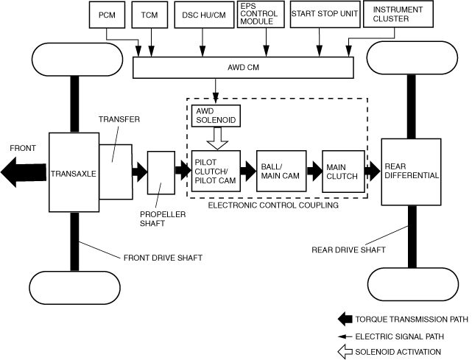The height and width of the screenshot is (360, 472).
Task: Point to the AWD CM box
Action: tap(244, 67)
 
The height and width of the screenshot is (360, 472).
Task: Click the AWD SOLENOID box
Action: tap(215, 113)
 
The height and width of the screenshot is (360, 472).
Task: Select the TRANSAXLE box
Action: tap(73, 174)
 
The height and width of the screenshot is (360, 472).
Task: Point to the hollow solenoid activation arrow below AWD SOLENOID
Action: tap(215, 138)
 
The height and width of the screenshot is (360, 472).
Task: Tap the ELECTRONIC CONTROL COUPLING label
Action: tap(272, 205)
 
